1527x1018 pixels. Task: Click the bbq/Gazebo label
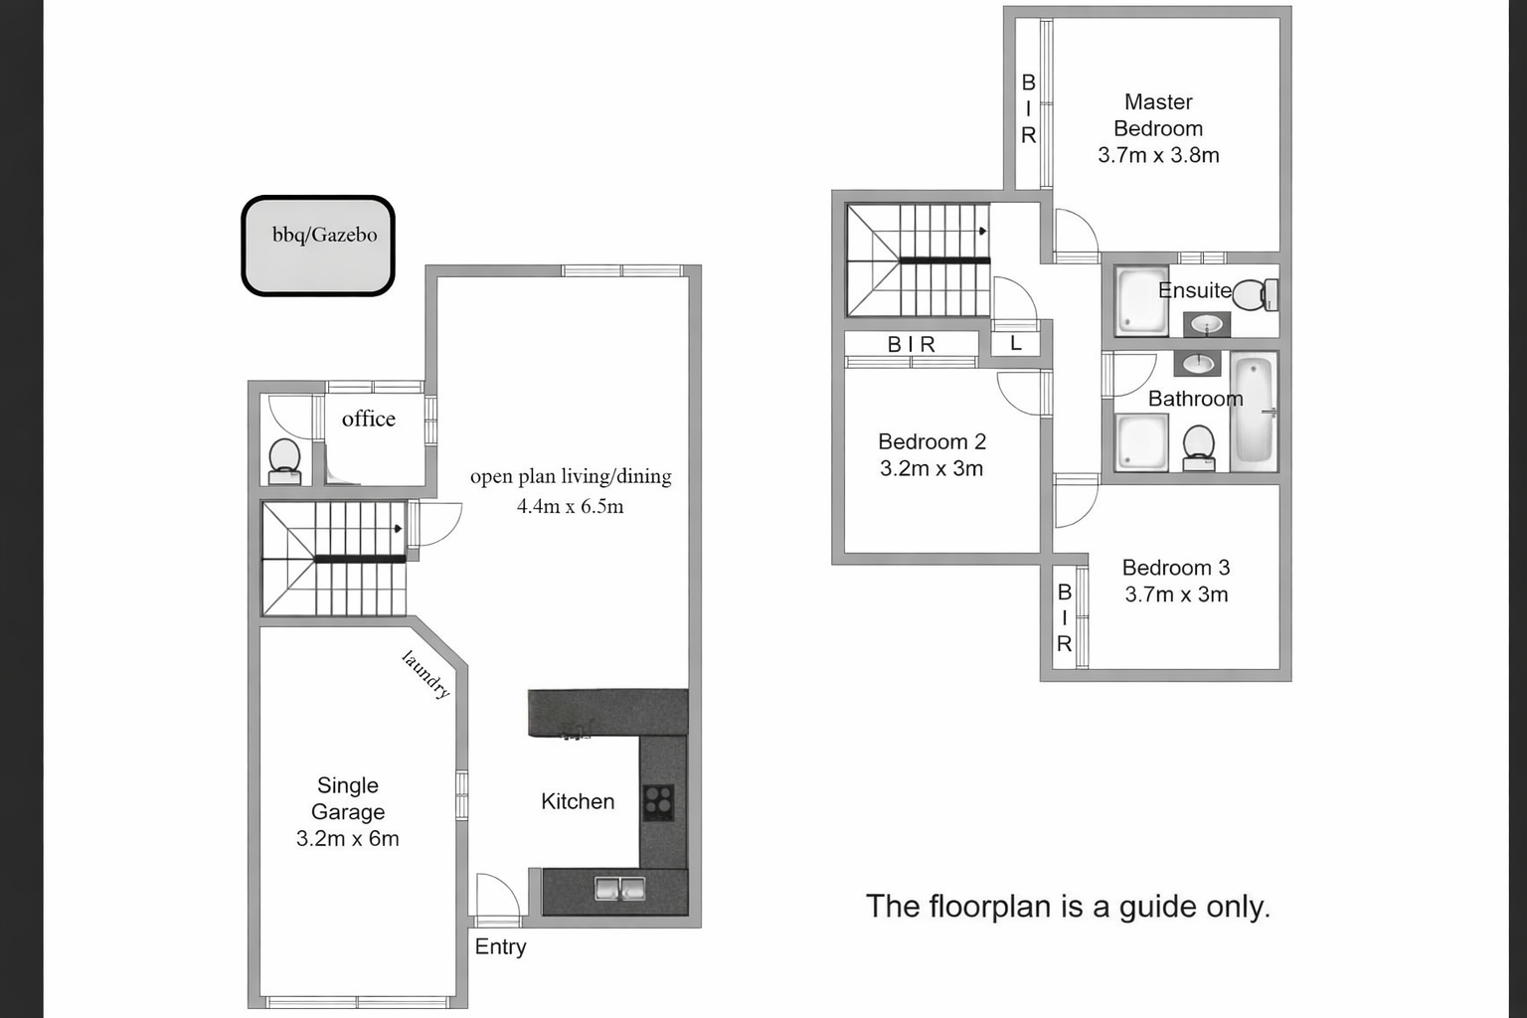324,235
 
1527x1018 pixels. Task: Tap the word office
368,418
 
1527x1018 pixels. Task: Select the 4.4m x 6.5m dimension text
570,506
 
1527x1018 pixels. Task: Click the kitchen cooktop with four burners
658,802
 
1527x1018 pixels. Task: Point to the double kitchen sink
619,889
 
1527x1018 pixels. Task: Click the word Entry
500,947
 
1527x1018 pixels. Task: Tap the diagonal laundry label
426,674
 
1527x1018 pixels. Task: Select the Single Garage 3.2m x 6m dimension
348,838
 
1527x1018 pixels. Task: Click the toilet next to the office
284,461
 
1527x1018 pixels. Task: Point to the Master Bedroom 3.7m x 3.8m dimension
1158,155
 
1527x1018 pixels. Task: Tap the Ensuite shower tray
1142,300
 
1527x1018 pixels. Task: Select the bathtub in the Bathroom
1254,412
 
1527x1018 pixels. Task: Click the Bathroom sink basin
1197,364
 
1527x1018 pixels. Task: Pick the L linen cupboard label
1016,343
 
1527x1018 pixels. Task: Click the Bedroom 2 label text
932,441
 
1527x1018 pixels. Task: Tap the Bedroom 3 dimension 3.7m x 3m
1176,594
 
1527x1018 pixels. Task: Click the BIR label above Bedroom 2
912,345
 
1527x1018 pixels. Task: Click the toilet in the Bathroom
1198,448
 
